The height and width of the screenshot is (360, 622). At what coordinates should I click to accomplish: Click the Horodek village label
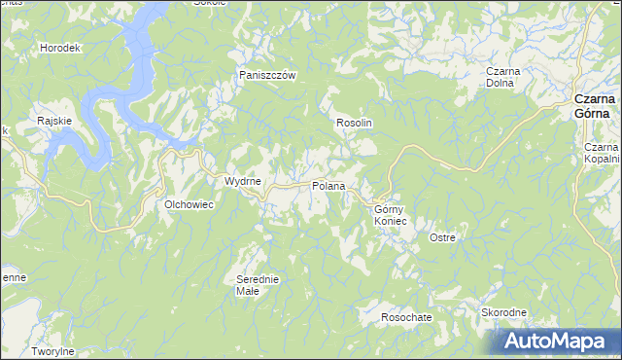click(58, 48)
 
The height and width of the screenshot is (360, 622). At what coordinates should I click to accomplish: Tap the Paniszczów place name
click(267, 74)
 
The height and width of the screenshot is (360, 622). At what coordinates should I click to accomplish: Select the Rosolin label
click(355, 124)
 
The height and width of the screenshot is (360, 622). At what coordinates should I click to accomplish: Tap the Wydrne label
click(242, 182)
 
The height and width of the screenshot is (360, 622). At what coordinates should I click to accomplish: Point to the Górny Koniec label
click(394, 215)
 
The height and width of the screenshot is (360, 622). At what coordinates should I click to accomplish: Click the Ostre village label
click(443, 237)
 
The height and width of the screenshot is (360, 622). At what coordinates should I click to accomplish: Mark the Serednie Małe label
click(258, 285)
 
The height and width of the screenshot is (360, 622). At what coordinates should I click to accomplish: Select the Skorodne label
click(503, 312)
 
